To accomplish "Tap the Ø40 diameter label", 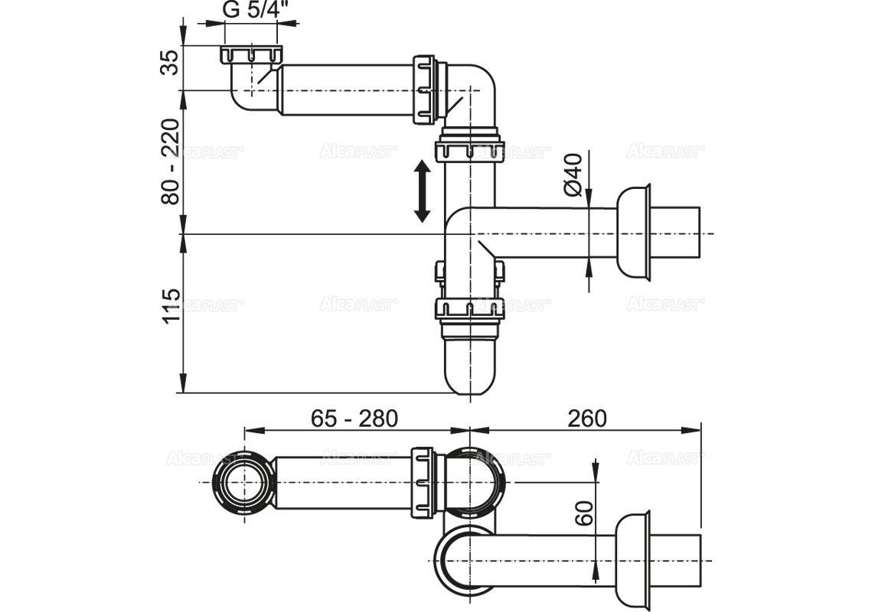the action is (573, 174).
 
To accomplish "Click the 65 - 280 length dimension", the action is (354, 418).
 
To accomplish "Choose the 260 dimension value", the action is (586, 418).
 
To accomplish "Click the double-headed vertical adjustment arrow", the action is (423, 190).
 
